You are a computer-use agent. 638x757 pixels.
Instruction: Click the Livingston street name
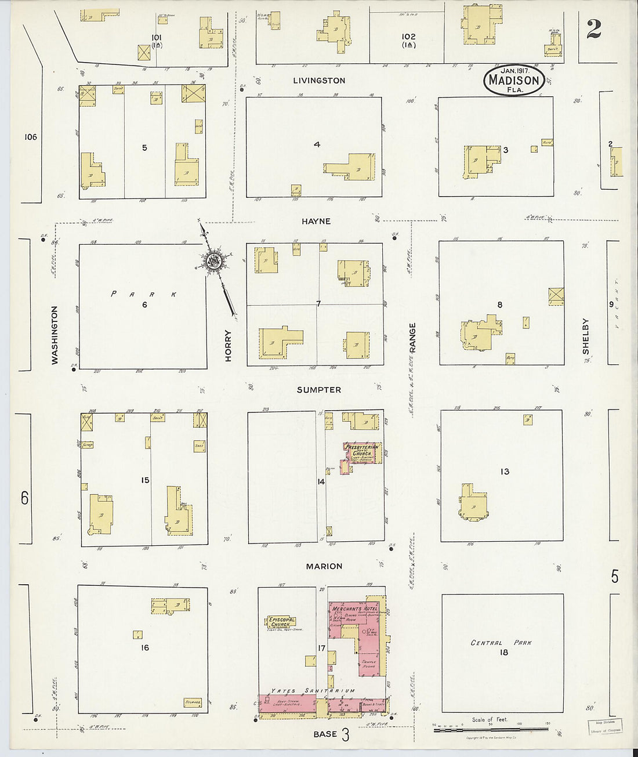[x=319, y=81]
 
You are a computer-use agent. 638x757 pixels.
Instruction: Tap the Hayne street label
[x=316, y=221]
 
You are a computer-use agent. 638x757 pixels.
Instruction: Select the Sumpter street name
[x=319, y=390]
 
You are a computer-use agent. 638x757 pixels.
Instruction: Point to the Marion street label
[x=324, y=566]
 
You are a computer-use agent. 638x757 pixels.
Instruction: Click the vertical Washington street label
[x=55, y=335]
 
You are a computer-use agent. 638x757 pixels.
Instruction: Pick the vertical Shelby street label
[x=586, y=336]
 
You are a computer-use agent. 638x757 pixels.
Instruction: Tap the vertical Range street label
[x=413, y=338]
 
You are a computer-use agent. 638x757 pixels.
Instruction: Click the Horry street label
[x=228, y=346]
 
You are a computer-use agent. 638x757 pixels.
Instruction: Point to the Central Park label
[x=501, y=643]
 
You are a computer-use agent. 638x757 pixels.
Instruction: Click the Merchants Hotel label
[x=350, y=608]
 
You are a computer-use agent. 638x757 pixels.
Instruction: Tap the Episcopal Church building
[x=282, y=622]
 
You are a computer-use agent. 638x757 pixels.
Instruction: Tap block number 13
[x=505, y=472]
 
